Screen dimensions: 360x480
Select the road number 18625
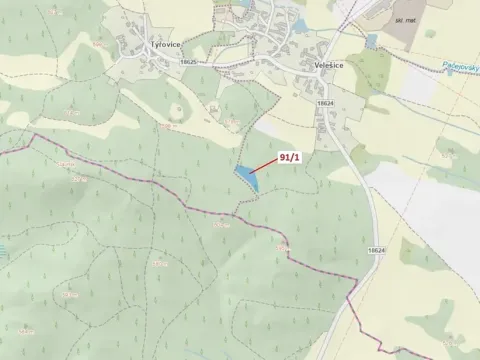tap(190, 61)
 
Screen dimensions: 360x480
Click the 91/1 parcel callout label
tap(291, 158)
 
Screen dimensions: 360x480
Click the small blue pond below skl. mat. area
tap(373, 42)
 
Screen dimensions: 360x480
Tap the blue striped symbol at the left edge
tap(3, 250)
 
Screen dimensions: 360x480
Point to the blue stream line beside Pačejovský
tap(440, 75)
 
